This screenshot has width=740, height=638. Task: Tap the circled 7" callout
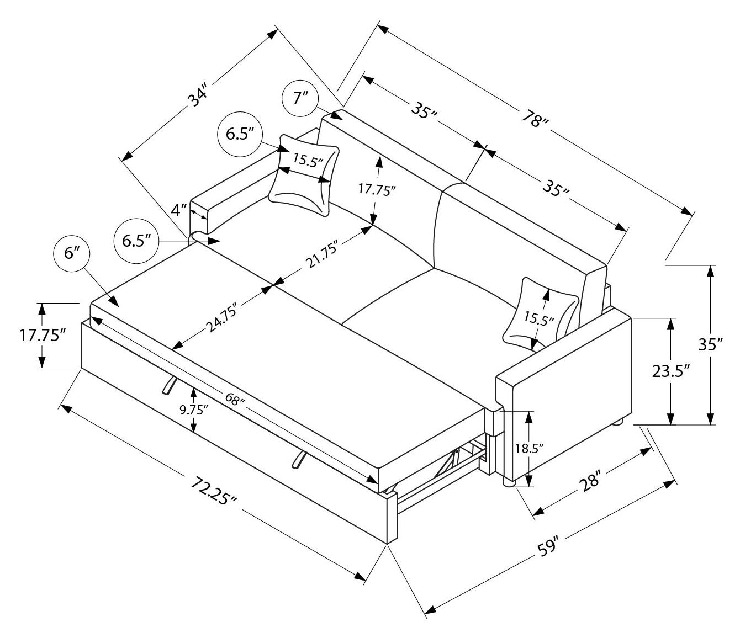tap(300, 99)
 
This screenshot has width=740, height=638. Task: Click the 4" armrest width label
tap(179, 210)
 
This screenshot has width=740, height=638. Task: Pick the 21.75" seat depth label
tap(322, 257)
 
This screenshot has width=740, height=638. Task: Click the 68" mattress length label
tap(234, 398)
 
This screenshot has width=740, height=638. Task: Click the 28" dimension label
tap(589, 481)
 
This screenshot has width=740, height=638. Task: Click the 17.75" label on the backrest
tap(377, 190)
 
